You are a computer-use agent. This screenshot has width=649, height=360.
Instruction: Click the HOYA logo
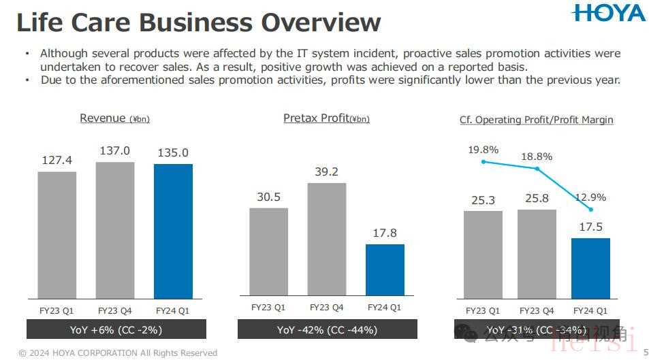pos(608,13)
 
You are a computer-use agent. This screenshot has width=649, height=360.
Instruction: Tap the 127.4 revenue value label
pos(57,161)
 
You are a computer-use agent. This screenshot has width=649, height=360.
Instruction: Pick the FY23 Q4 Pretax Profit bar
pos(327,240)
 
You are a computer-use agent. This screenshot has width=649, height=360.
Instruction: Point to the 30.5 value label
pos(268,197)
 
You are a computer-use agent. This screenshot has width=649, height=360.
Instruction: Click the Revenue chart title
pos(114,118)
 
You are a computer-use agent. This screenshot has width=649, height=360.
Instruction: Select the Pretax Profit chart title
pos(326,118)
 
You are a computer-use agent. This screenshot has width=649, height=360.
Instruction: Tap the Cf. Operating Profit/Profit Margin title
pos(537,120)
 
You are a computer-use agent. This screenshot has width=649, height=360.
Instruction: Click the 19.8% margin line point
pos(483,161)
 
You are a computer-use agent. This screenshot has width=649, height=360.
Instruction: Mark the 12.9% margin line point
pos(590,209)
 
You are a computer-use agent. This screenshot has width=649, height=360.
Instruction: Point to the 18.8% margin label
pos(537,157)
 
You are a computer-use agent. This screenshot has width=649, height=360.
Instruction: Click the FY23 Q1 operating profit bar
pos(483,255)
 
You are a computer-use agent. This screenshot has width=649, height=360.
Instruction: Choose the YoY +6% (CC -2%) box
pos(116,330)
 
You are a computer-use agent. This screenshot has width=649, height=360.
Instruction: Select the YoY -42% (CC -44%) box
pos(327,330)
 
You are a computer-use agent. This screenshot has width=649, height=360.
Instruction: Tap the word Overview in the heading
pos(321,22)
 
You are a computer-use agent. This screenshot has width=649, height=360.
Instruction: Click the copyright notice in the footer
pos(118,353)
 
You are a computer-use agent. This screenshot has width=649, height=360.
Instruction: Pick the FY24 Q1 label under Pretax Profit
pos(385,308)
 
